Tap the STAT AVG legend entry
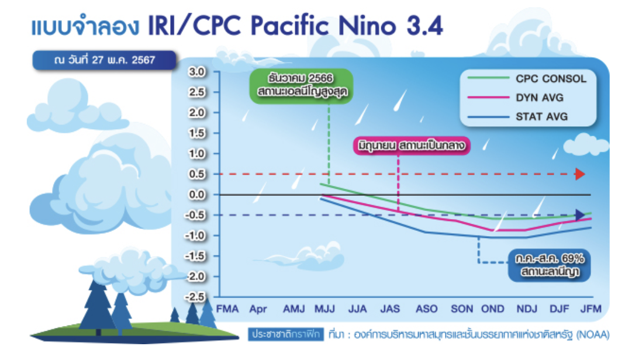pyautogui.click(x=518, y=117)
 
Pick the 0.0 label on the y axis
pyautogui.click(x=197, y=195)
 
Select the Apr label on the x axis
pyautogui.click(x=258, y=309)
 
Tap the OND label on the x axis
pyautogui.click(x=492, y=309)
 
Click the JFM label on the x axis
pyautogui.click(x=590, y=309)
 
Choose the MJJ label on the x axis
pyautogui.click(x=324, y=309)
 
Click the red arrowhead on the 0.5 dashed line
pyautogui.click(x=580, y=174)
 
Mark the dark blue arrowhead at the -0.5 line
pyautogui.click(x=580, y=215)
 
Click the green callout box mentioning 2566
pyautogui.click(x=302, y=86)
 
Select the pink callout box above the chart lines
pyautogui.click(x=412, y=146)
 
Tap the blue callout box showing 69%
pyautogui.click(x=550, y=265)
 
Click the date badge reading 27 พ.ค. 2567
pyautogui.click(x=105, y=60)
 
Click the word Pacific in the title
pyautogui.click(x=289, y=26)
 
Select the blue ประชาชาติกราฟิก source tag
pyautogui.click(x=286, y=334)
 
